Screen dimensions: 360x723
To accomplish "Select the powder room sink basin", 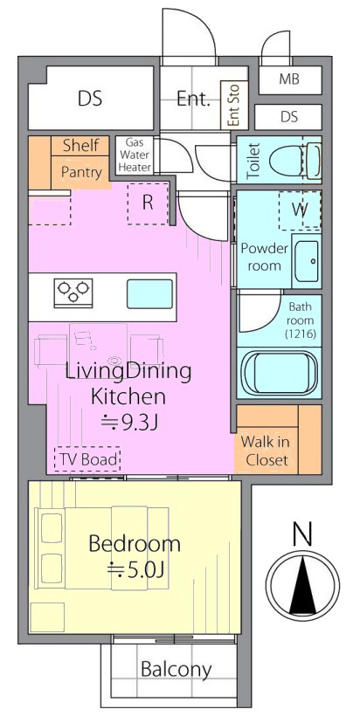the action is pyautogui.click(x=307, y=261).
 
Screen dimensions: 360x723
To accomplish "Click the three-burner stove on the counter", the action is pyautogui.click(x=73, y=293).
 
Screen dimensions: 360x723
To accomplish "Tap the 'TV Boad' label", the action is pyautogui.click(x=87, y=459).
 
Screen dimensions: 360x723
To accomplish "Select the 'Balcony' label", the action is pyautogui.click(x=177, y=669).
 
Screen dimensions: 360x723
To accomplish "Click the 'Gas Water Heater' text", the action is pyautogui.click(x=135, y=155).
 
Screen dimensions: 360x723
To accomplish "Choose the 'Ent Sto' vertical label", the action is pyautogui.click(x=234, y=105).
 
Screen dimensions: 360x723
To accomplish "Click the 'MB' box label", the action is pyautogui.click(x=289, y=79).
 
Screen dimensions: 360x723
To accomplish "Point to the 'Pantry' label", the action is pyautogui.click(x=81, y=172).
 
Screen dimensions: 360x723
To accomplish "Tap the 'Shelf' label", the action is pyautogui.click(x=80, y=145).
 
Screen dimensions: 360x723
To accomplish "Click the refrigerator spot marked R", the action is pyautogui.click(x=147, y=203).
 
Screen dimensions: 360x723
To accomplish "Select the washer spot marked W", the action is pyautogui.click(x=300, y=210).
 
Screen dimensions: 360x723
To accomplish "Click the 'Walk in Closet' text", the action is pyautogui.click(x=266, y=451).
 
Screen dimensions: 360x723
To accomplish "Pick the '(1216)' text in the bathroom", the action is pyautogui.click(x=300, y=332).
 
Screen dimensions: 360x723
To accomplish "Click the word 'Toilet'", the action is pyautogui.click(x=254, y=161).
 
